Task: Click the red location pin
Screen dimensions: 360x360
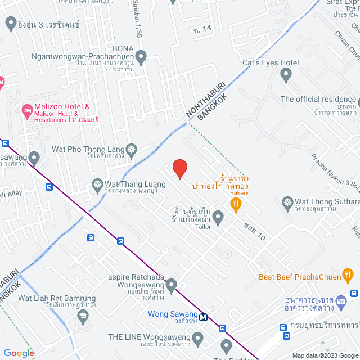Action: [x=179, y=169]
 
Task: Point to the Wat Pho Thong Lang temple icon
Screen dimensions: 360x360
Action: [x=132, y=149]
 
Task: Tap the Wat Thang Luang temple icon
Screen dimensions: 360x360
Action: [x=97, y=184]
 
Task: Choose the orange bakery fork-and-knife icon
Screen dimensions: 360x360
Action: [x=237, y=204]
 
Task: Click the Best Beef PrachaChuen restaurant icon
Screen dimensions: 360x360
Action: [x=348, y=276]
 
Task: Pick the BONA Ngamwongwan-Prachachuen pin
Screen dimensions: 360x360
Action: [x=141, y=56]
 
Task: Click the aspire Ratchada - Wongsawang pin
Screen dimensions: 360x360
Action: [x=172, y=283]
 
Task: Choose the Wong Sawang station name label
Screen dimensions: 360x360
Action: [x=173, y=314]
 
